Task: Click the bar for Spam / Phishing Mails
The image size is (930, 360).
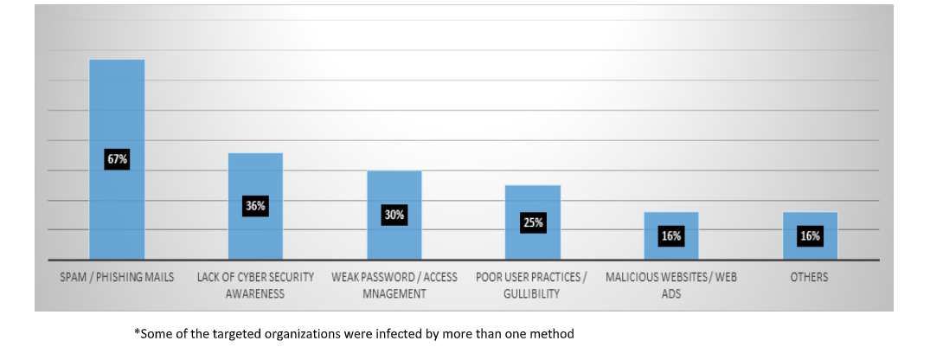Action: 117,104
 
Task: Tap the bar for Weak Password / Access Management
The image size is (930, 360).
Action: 394,190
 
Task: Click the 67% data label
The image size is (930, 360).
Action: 117,159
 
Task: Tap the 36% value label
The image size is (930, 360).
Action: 255,206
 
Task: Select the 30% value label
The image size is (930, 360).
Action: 394,215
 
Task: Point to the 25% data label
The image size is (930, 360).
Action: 533,222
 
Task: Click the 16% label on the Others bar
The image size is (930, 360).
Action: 810,235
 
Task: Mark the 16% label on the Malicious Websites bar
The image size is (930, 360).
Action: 671,235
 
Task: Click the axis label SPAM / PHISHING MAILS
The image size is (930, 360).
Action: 117,278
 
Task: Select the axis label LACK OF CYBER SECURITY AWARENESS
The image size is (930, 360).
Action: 255,286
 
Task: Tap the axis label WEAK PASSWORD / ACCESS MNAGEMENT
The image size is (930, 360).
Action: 394,286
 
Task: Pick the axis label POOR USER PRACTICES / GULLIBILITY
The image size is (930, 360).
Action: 531,286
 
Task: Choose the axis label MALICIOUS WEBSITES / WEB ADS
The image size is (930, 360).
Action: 671,286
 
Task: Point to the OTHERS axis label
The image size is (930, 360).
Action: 809,278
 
